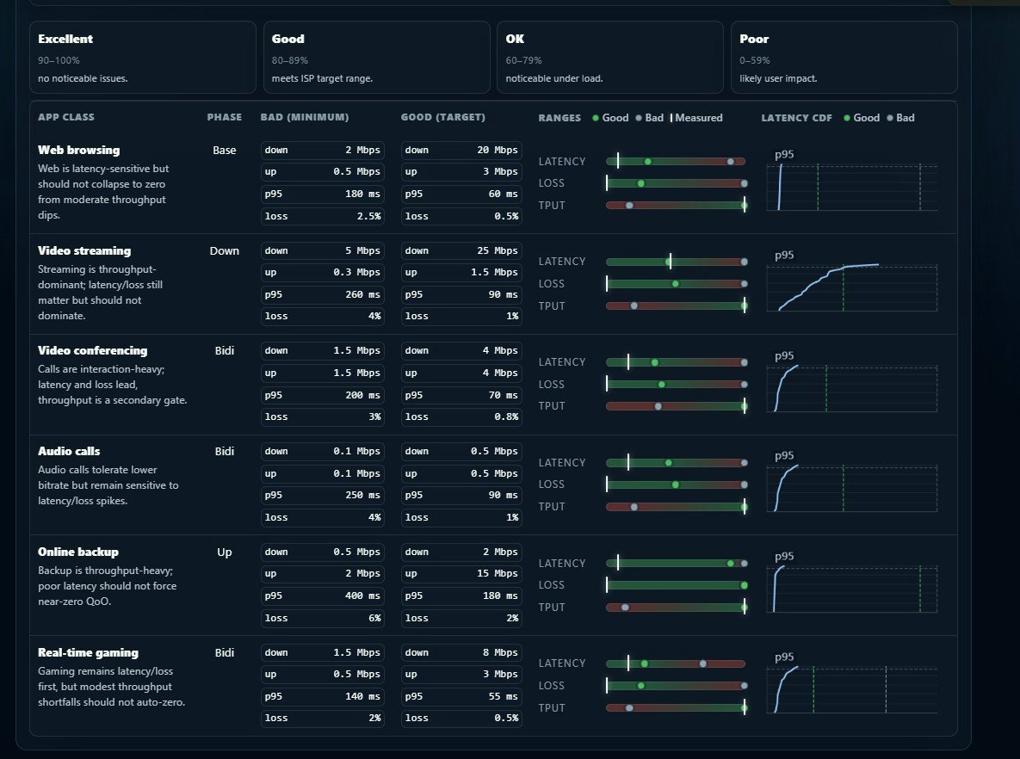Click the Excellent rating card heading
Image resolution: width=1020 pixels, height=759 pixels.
(65, 39)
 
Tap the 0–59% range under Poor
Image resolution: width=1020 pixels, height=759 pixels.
(755, 60)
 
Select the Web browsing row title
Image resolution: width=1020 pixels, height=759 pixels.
(78, 151)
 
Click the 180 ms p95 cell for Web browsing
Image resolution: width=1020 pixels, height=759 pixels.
(323, 194)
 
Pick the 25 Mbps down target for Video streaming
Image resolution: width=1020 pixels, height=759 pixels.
(462, 251)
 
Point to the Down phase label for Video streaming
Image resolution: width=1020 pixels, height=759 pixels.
(225, 251)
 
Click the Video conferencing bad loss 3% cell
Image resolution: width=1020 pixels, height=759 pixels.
(323, 417)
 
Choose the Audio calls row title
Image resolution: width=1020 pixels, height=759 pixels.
(69, 452)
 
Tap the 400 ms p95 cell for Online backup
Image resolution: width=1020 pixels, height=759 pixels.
(323, 595)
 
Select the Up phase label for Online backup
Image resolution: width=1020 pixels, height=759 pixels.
(225, 552)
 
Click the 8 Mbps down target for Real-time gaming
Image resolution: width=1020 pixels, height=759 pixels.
(462, 653)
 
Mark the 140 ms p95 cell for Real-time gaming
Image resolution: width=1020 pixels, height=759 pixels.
(323, 696)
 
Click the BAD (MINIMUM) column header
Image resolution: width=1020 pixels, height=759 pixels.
(305, 118)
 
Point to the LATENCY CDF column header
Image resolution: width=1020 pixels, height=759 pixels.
(796, 118)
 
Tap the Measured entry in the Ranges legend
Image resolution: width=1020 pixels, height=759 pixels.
(696, 118)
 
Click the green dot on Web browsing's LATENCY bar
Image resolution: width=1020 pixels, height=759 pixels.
(648, 161)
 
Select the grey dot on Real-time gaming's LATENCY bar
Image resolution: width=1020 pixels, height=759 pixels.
(703, 664)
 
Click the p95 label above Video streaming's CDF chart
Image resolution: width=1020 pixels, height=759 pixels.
(784, 255)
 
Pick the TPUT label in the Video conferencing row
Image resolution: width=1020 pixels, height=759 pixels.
(552, 406)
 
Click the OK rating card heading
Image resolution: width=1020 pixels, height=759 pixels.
(515, 39)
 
